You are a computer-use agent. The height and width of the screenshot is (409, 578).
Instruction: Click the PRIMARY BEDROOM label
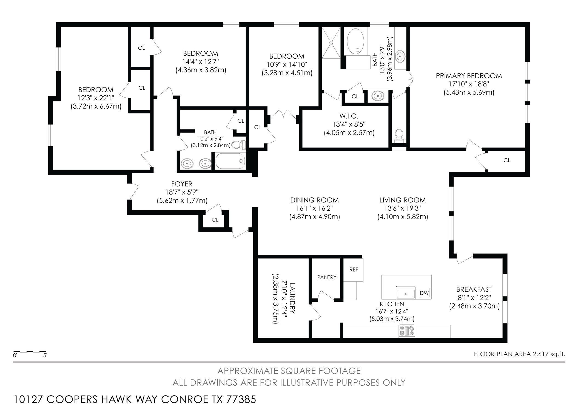(469, 76)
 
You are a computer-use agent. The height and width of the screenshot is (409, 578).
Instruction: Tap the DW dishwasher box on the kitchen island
(424, 293)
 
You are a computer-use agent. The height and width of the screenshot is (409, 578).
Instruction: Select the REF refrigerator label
(354, 270)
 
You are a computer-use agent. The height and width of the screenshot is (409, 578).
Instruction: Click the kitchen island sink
(406, 293)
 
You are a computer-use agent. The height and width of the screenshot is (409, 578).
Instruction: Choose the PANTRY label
(326, 277)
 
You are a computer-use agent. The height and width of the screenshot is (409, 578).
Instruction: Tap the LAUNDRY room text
(292, 298)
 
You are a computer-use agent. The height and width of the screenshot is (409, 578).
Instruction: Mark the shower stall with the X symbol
(331, 43)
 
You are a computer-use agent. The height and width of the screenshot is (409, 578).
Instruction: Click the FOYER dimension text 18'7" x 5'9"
(182, 192)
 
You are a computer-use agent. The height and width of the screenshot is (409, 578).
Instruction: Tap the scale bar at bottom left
(30, 352)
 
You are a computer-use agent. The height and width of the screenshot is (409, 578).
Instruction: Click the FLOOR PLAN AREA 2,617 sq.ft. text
(519, 354)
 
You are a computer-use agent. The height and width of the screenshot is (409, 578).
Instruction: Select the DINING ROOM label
(314, 200)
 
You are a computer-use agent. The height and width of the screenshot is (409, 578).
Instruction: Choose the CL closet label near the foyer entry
(215, 220)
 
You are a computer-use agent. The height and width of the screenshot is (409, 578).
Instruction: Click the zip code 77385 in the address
(241, 399)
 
